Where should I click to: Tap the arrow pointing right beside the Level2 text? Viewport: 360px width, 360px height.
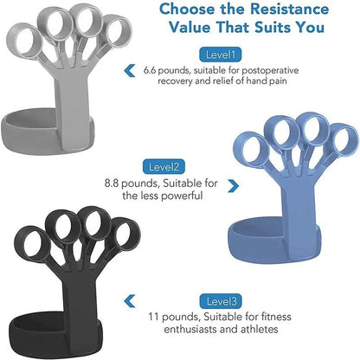click(232, 185)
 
